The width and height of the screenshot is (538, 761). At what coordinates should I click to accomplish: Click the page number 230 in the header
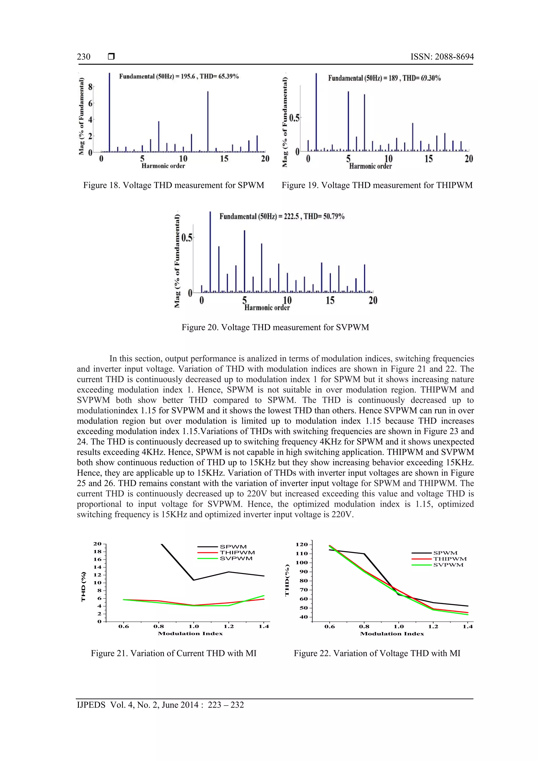(84, 57)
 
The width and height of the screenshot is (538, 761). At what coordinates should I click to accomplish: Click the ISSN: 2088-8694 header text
(442, 57)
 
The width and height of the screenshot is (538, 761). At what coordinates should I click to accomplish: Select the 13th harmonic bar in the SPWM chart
(208, 122)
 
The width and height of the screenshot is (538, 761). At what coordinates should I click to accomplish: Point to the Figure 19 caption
(377, 185)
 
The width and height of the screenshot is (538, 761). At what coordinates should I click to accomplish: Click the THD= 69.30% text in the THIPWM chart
(421, 78)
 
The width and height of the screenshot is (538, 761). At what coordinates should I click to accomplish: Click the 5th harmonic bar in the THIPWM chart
(348, 121)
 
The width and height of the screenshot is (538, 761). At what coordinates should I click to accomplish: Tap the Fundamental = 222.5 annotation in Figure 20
(260, 216)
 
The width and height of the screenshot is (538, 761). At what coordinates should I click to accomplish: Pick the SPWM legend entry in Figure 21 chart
(233, 547)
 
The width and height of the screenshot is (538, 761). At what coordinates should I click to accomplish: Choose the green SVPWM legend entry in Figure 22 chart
(448, 565)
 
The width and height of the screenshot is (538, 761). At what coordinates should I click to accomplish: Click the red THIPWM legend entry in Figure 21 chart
(237, 552)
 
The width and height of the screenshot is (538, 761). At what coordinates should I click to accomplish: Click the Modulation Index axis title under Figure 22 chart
(392, 634)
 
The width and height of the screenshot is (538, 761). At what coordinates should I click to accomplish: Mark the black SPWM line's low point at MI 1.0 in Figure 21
(193, 580)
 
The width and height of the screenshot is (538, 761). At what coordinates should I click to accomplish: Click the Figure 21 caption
(174, 653)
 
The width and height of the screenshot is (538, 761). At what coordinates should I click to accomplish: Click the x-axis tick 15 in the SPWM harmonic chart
(224, 159)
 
